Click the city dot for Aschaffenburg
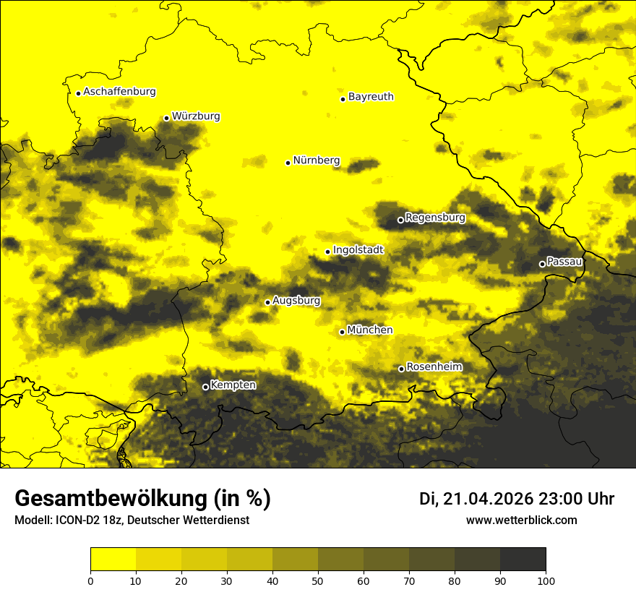click(78, 93)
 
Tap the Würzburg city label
click(196, 116)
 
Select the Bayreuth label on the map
click(371, 96)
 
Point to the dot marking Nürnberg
click(288, 163)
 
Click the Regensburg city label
click(435, 217)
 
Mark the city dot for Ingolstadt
click(327, 252)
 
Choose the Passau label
click(564, 261)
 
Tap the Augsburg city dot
click(267, 302)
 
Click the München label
click(370, 330)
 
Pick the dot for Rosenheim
click(401, 369)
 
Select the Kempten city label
click(233, 385)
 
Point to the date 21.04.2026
click(489, 499)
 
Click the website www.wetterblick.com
click(521, 520)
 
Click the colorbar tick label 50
click(318, 580)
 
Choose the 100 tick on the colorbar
click(546, 580)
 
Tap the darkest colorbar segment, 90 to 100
click(523, 560)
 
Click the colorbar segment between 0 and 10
click(113, 560)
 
